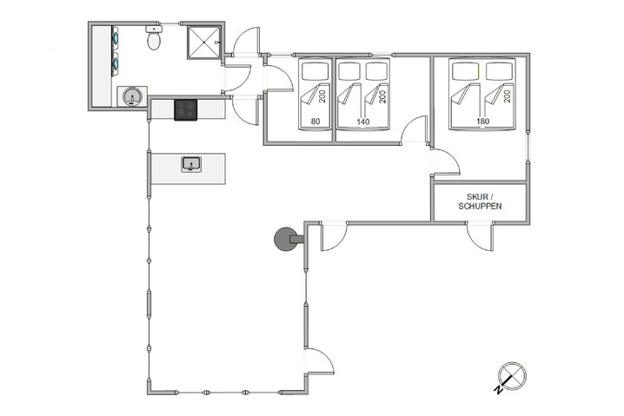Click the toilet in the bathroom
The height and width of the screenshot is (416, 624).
pyautogui.click(x=154, y=38)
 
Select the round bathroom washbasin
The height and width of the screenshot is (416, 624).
pyautogui.click(x=131, y=96)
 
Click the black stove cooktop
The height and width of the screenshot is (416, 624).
pyautogui.click(x=187, y=109)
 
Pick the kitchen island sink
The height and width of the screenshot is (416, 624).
pyautogui.click(x=191, y=163)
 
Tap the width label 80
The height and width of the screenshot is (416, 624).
pyautogui.click(x=315, y=122)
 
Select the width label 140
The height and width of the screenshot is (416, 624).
pyautogui.click(x=363, y=122)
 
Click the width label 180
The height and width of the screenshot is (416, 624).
pyautogui.click(x=482, y=122)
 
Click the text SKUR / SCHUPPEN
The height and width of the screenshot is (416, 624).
pyautogui.click(x=480, y=202)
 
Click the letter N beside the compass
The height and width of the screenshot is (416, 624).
pyautogui.click(x=497, y=391)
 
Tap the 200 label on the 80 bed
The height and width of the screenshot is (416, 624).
pyautogui.click(x=321, y=95)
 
